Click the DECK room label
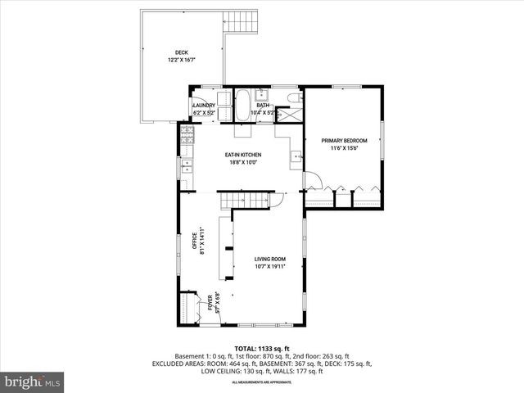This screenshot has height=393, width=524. pyautogui.click(x=181, y=52)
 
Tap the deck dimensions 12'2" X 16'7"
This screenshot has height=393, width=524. pyautogui.click(x=181, y=60)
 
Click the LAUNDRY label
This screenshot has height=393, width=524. pyautogui.click(x=203, y=106)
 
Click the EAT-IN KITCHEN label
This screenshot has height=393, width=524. pyautogui.click(x=243, y=154)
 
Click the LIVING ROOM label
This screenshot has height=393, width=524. pyautogui.click(x=269, y=259)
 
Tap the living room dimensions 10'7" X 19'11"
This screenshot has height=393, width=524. pyautogui.click(x=269, y=266)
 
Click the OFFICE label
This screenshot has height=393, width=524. pyautogui.click(x=196, y=242)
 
